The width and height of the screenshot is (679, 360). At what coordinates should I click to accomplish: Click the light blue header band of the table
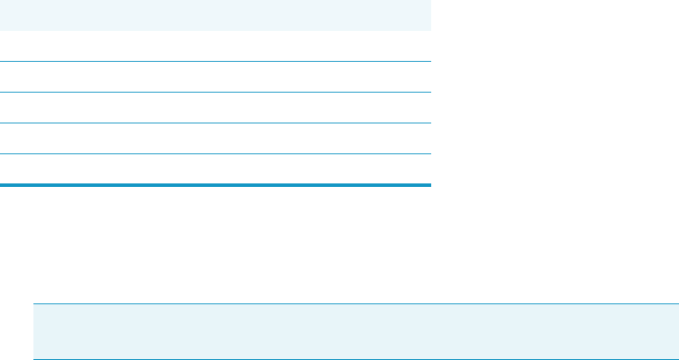214,15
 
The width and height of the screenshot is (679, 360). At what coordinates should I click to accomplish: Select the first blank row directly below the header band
214,46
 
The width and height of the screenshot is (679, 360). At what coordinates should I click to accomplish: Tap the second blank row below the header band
214,77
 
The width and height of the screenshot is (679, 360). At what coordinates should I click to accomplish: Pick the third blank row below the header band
214,108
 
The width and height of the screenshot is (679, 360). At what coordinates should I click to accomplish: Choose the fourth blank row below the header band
214,139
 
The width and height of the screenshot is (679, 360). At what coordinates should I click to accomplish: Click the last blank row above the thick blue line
214,170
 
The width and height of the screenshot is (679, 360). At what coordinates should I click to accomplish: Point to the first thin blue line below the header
214,62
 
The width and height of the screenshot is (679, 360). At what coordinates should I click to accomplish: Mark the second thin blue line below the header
214,93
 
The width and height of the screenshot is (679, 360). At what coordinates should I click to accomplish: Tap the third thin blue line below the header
214,123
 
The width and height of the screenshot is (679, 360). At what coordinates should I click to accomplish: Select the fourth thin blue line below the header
214,154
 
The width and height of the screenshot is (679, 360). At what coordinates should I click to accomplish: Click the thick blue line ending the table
214,184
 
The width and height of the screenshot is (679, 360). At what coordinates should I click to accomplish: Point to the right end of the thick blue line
428,184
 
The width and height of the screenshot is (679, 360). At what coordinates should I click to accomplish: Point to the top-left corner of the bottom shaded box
34,304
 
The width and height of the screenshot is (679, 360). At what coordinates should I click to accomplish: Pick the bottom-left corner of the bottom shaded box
34,357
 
